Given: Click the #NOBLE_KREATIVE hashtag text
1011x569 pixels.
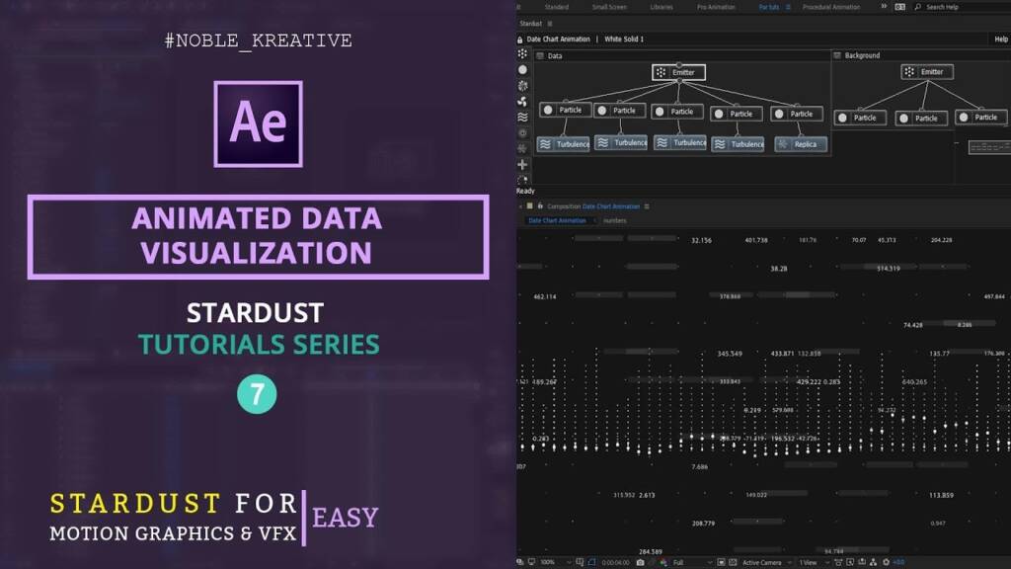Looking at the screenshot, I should point(257,41).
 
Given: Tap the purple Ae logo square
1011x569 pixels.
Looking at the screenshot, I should point(258,122).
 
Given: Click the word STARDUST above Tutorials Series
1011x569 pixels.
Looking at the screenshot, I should point(255,313).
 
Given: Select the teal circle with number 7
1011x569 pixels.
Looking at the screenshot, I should point(257,395).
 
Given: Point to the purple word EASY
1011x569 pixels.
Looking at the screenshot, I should point(345,517).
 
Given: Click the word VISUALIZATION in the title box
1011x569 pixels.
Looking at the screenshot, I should point(256,253).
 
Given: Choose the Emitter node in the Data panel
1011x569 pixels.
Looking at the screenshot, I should point(678,72).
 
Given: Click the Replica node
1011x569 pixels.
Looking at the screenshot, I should point(800,144).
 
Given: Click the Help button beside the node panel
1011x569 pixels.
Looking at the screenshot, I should point(1000,40).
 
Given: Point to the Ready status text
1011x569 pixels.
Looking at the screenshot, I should point(525,191).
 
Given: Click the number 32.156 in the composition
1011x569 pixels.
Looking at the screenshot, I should point(701,240).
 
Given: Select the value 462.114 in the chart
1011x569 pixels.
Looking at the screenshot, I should point(544,296).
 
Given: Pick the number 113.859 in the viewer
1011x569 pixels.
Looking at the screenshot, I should point(941,494).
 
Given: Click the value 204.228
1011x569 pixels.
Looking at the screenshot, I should point(941,240).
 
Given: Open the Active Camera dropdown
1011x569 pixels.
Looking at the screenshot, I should point(764,562).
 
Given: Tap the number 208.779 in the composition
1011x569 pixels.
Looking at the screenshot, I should point(703,523).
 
